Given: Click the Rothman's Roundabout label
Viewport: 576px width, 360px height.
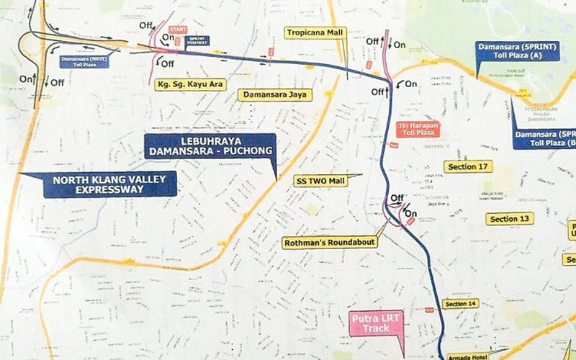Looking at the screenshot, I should (330, 243).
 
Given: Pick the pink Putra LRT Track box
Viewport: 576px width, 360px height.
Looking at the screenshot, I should (376, 323).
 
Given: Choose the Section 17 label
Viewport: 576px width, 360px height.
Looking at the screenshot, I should (467, 166).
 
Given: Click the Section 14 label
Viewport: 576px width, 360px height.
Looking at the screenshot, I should (461, 305).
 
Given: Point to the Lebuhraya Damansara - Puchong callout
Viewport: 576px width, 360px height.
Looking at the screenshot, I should (210, 146).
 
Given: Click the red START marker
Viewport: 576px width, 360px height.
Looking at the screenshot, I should (173, 30).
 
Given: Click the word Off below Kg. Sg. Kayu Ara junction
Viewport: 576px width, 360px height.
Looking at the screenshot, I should (168, 64).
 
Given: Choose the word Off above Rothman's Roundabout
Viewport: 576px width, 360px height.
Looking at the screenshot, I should (397, 198).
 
